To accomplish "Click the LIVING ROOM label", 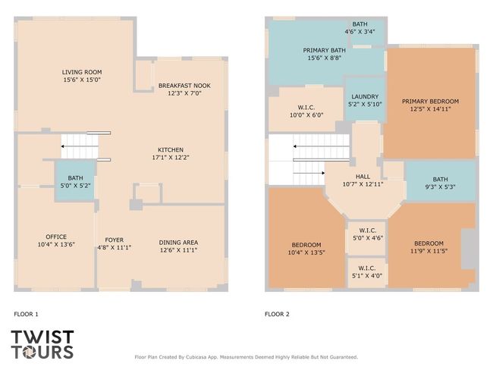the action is [x=82, y=72].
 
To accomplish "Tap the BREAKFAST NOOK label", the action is [x=184, y=86].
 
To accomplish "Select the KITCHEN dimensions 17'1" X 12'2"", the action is [x=171, y=157].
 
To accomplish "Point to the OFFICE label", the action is [x=56, y=237].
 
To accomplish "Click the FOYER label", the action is [x=114, y=240].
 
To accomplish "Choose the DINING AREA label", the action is [x=178, y=243].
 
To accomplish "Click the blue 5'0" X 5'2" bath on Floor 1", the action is [x=75, y=180].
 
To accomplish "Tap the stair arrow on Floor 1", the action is [x=80, y=146].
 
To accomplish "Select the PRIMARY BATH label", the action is [x=324, y=50].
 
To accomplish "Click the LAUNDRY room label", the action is [x=365, y=96].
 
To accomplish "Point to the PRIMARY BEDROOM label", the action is [x=430, y=102].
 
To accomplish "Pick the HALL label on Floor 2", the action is [x=363, y=177].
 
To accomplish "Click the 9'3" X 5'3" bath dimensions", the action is [x=440, y=187].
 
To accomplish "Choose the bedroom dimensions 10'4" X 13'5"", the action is [x=306, y=252].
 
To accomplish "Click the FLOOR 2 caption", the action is [x=277, y=314].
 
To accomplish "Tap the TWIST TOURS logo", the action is [x=42, y=344].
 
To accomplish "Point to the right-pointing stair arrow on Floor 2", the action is [x=309, y=173].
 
